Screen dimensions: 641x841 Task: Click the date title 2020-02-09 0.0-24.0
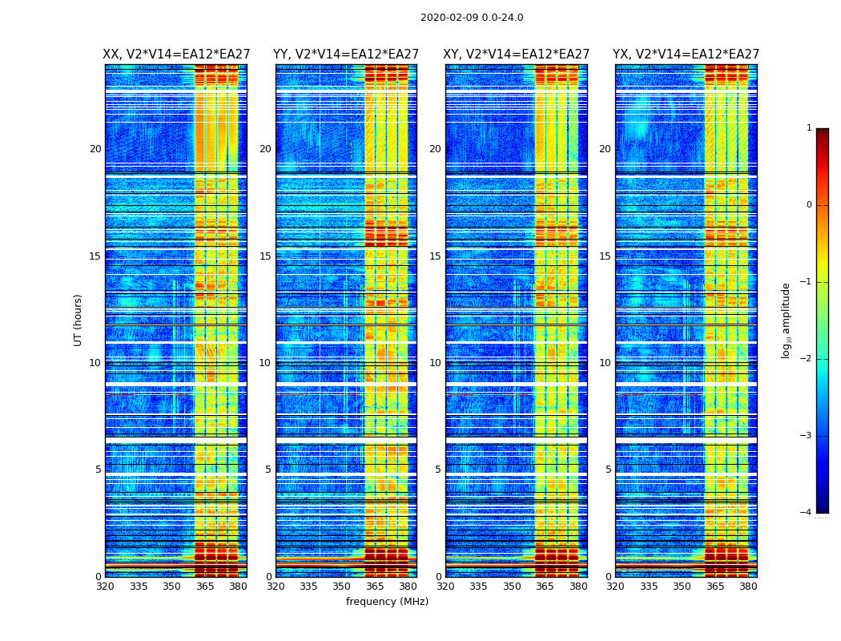coord(472,18)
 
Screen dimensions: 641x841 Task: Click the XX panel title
coord(176,54)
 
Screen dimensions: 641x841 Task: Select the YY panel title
coord(346,54)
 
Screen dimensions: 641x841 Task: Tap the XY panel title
coord(516,54)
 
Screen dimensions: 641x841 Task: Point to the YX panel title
coord(686,54)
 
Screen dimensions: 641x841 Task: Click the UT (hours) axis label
coord(78,320)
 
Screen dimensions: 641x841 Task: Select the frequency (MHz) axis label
coord(387,602)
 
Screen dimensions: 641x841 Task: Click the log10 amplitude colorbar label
coord(787,320)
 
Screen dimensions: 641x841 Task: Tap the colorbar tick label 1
coord(809,128)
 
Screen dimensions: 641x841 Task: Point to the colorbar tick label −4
coord(807,513)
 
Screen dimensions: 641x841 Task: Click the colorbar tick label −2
coord(807,359)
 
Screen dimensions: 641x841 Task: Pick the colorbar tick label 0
coord(809,205)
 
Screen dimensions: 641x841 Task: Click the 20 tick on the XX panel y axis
coord(95,149)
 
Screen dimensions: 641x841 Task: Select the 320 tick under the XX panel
coord(105,587)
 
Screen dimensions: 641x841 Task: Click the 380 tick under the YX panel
coord(748,587)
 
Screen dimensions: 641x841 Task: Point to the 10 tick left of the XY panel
coord(435,363)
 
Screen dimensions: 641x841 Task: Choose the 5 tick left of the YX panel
coord(608,470)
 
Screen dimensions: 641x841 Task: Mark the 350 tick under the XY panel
coord(512,587)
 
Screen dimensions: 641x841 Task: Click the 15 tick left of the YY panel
coord(265,256)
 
